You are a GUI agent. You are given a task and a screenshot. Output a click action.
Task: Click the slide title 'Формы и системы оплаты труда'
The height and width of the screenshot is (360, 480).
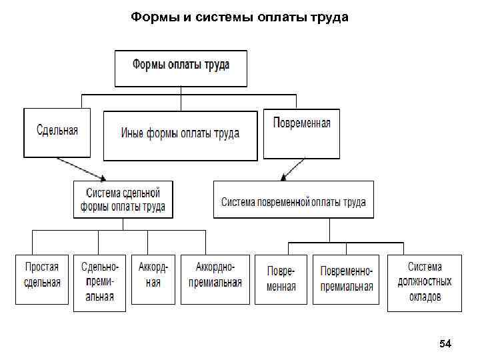click(x=239, y=17)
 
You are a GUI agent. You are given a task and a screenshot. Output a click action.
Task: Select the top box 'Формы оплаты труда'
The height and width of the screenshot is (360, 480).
click(x=181, y=68)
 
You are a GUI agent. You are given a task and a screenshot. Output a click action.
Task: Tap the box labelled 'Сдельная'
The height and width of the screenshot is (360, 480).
click(x=57, y=133)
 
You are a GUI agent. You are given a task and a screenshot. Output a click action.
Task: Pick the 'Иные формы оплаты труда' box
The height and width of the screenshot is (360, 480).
click(x=180, y=135)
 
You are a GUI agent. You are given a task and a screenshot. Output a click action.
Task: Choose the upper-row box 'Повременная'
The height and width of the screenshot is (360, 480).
click(x=301, y=133)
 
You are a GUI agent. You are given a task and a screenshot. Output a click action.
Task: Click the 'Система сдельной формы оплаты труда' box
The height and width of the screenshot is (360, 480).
click(x=123, y=199)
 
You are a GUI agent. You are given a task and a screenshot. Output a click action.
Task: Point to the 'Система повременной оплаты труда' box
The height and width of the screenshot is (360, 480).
click(x=293, y=199)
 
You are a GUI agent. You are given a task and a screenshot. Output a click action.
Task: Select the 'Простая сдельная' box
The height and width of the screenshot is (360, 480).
click(x=42, y=279)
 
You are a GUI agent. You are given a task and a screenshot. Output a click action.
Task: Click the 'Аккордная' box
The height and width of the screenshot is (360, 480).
click(x=153, y=279)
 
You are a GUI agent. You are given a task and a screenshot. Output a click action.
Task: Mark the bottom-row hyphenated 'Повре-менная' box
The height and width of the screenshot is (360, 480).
click(x=281, y=279)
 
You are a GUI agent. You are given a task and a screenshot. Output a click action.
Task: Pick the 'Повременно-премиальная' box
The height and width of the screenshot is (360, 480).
click(x=346, y=279)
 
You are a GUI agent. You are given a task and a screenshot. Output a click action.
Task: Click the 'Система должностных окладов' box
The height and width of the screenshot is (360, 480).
click(x=425, y=282)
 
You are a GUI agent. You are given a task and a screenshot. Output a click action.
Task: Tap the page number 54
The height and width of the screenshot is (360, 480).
click(x=445, y=344)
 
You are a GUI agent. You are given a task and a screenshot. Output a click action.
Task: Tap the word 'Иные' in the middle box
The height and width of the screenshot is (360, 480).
click(x=133, y=133)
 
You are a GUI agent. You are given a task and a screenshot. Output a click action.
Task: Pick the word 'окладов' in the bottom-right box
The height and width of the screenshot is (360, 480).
click(x=425, y=297)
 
